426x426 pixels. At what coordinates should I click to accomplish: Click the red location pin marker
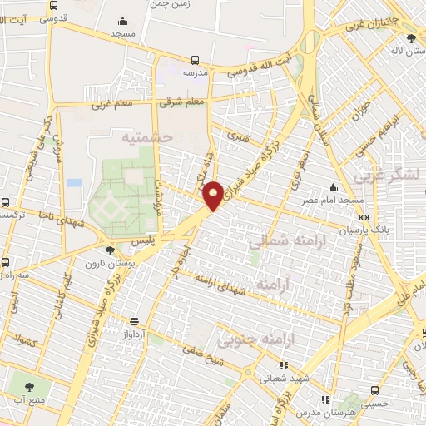point(214,194)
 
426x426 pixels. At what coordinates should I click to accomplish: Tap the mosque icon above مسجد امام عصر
point(333,187)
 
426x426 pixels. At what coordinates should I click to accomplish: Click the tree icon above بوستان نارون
point(111,250)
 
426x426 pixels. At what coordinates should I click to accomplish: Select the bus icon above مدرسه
point(195,60)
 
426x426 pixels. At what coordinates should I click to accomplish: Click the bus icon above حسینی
point(374,389)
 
